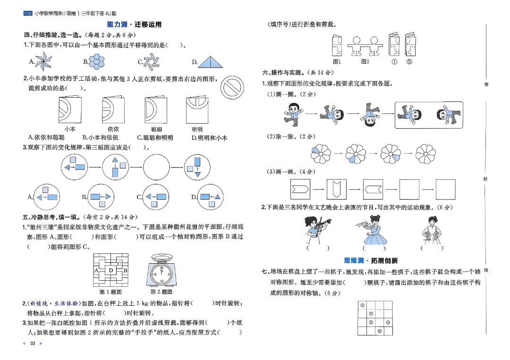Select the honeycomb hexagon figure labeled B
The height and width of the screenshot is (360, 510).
click(97, 61)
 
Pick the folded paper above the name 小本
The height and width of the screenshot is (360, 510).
click(70, 110)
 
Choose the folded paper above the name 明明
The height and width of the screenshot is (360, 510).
click(197, 110)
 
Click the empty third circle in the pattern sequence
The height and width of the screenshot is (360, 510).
click(156, 167)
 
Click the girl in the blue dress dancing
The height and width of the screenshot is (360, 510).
click(374, 229)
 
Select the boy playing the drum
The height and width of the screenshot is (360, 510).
click(431, 229)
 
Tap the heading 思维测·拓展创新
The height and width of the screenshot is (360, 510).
click(371, 260)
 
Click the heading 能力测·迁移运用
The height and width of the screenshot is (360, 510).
click(134, 25)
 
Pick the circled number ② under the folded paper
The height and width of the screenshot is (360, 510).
click(409, 62)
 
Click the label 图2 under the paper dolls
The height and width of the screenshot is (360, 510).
click(365, 62)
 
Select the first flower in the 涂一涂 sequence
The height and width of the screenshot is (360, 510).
click(322, 153)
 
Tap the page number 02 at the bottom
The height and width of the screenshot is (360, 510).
click(33, 343)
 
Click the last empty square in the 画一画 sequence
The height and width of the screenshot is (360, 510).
click(445, 190)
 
